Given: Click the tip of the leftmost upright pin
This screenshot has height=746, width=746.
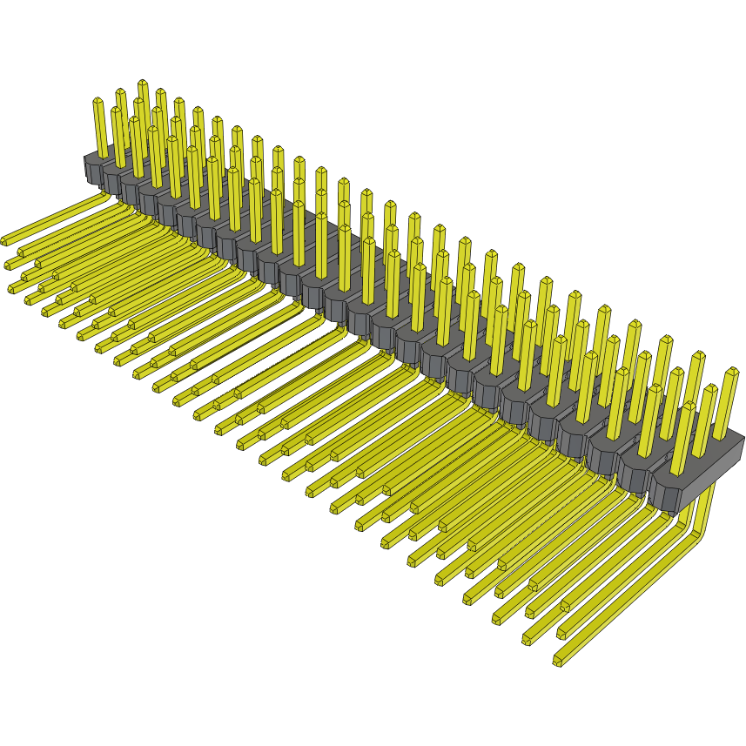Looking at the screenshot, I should tap(98, 101).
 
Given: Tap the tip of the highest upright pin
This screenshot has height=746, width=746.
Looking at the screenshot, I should tap(143, 83).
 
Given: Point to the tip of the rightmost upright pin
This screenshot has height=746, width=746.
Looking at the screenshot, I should tap(731, 372).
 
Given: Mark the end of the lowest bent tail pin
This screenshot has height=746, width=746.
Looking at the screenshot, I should tap(557, 662).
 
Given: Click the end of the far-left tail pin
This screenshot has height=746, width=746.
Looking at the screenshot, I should tap(5, 239).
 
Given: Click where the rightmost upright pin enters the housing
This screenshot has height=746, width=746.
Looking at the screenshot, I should tap(722, 435).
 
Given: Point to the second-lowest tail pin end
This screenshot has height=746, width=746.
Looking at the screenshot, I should tap(527, 641).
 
